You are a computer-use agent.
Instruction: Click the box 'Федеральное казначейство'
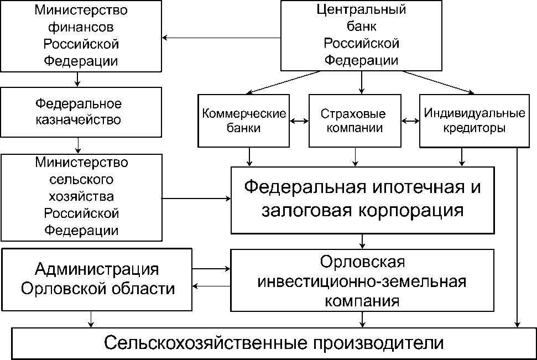coord(81,111)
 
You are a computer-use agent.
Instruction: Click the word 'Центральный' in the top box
coord(361,10)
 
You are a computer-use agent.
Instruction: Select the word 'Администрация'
coord(97,269)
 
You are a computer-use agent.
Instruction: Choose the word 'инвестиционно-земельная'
coord(362,281)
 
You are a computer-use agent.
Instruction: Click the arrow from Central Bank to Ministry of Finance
coord(221,38)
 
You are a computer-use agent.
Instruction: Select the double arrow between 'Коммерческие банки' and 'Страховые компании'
coord(299,121)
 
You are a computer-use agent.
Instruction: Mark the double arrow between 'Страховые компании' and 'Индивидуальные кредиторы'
coord(410,121)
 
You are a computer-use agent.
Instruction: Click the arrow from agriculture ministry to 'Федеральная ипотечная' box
coord(196,198)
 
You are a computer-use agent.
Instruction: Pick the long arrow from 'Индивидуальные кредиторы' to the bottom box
coord(517,238)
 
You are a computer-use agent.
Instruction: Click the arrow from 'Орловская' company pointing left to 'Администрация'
coord(211,286)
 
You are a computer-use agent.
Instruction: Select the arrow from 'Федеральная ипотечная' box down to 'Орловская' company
coord(362,241)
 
